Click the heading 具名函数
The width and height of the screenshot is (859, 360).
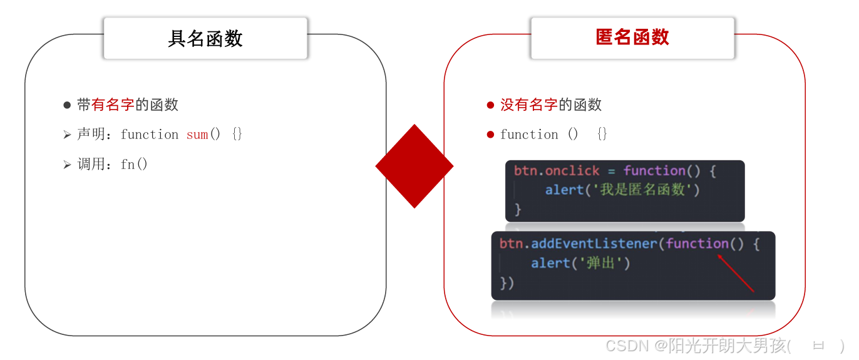click(205, 39)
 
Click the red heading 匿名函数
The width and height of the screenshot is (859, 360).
click(632, 38)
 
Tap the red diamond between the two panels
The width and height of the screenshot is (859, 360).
click(414, 166)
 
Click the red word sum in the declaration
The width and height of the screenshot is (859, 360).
click(197, 135)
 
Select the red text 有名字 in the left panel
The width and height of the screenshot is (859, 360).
click(113, 105)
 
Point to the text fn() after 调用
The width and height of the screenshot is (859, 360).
click(134, 165)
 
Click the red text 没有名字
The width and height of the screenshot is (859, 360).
click(528, 105)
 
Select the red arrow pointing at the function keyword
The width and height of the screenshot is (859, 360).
click(736, 273)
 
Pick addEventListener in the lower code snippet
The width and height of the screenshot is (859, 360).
click(594, 244)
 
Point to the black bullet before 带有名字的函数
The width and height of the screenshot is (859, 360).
click(67, 105)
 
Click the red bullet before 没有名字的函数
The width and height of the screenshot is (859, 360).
click(490, 105)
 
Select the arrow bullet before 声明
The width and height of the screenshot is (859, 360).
click(67, 135)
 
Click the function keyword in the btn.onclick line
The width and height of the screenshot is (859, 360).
click(654, 171)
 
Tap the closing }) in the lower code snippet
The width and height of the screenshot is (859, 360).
click(507, 283)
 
